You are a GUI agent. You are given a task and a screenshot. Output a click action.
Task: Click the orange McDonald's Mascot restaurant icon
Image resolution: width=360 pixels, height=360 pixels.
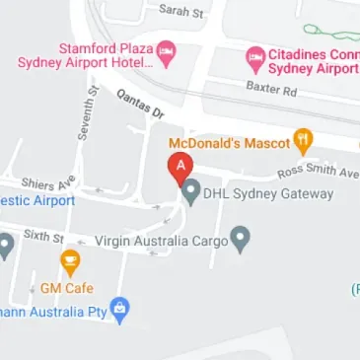coord(303,140)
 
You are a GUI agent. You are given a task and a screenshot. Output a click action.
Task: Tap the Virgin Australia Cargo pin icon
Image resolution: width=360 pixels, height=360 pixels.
coord(240,239)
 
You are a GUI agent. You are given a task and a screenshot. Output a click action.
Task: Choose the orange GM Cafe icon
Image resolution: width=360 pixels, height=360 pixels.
coord(70,262)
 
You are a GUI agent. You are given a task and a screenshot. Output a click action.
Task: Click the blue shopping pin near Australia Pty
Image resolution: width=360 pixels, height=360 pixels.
coord(120,310)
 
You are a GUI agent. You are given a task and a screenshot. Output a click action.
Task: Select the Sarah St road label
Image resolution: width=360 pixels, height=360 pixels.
coord(180,11)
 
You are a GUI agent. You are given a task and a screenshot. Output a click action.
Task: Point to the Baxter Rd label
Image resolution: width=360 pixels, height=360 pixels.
coord(272,90)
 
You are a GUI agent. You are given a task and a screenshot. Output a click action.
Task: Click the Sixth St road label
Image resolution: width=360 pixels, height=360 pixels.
coord(43,239)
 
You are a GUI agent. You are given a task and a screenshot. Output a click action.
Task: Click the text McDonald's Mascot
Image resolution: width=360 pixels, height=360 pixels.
coord(229,141)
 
